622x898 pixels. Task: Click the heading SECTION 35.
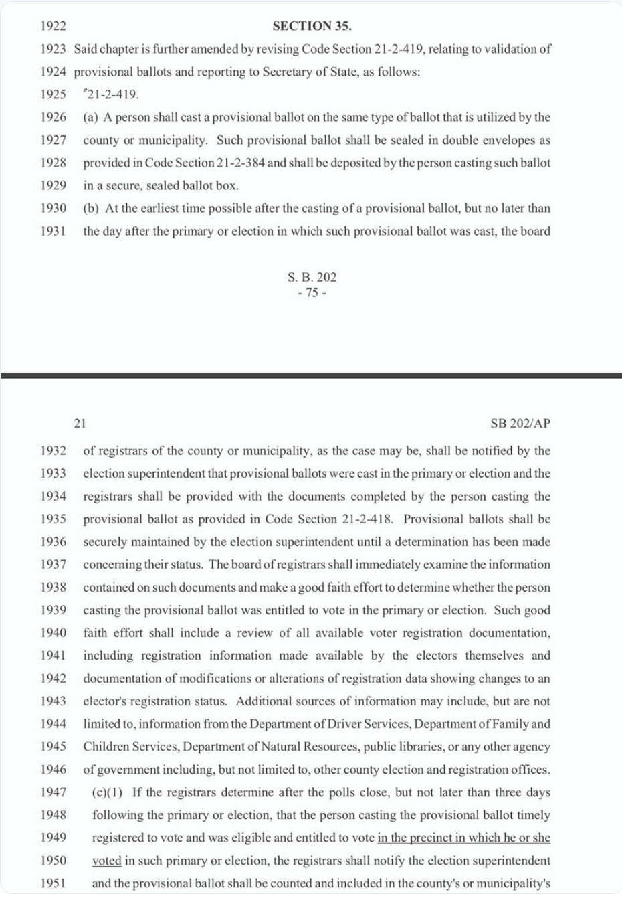coord(312,26)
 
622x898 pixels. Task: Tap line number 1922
coord(53,26)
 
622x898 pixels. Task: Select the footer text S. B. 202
coord(312,277)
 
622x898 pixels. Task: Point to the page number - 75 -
coord(312,293)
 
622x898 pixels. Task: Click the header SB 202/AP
coord(520,424)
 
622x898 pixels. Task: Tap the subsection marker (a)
coord(91,117)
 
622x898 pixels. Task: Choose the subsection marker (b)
coord(91,208)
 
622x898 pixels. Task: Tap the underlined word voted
coord(106,861)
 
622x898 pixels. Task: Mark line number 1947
coord(53,792)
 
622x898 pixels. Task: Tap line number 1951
coord(53,883)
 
